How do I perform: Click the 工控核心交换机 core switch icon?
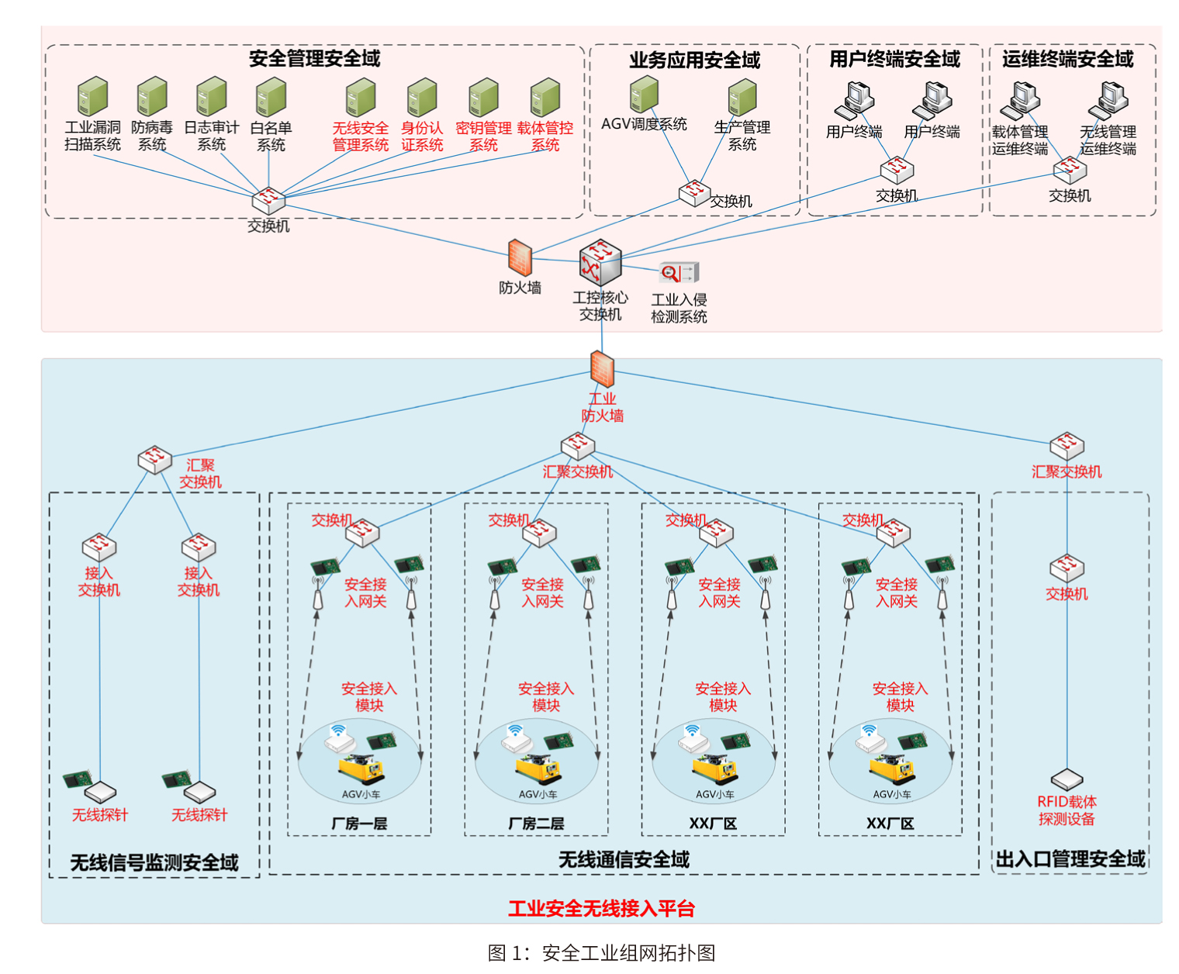pos(600,263)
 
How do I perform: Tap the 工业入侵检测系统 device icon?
pos(679,273)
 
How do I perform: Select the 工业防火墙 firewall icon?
pos(602,368)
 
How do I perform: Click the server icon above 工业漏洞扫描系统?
pos(92,96)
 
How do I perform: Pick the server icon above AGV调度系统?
pos(645,95)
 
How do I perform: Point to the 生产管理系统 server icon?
pos(742,97)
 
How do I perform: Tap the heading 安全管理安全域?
pos(314,59)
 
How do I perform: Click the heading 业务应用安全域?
pos(694,60)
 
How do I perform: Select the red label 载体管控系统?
pos(545,136)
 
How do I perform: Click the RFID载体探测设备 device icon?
pos(1067,780)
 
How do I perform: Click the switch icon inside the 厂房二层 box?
pos(539,534)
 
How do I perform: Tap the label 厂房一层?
pos(359,824)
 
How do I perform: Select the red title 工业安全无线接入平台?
pos(601,909)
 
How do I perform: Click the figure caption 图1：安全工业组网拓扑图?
pos(601,952)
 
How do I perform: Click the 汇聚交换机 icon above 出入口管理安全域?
pos(1067,446)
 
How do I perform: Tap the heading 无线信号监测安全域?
pos(154,862)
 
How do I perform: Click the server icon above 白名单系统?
pos(271,97)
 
